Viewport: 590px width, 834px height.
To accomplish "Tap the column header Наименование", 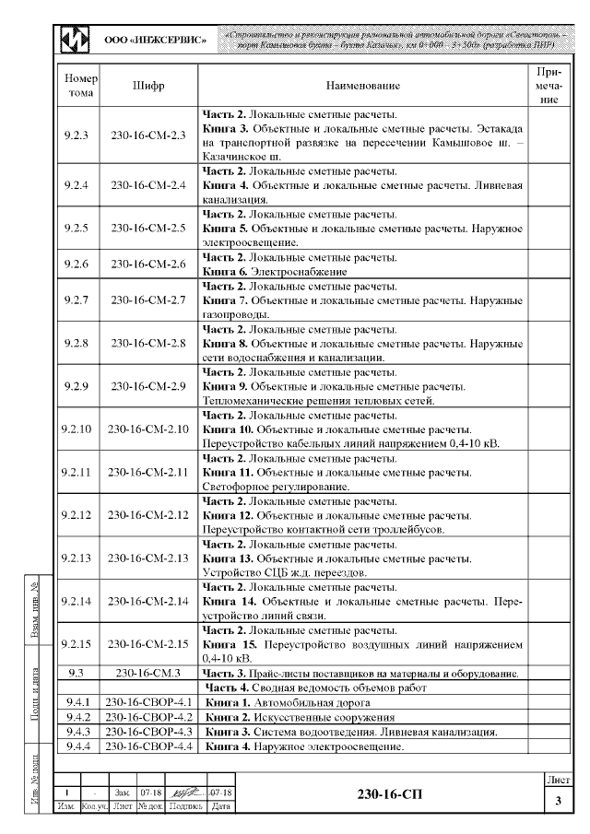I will coord(362,86).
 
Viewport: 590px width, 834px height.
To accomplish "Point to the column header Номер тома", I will coord(77,86).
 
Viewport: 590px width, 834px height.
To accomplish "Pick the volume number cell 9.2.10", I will coord(77,429).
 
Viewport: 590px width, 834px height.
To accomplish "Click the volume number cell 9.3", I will coord(77,674).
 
